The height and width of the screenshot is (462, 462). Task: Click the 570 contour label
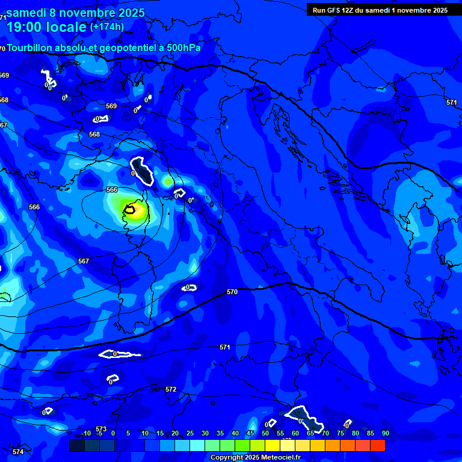pos(232,292)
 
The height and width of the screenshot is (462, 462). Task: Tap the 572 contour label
pos(171,389)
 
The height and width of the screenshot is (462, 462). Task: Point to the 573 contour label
pos(101,429)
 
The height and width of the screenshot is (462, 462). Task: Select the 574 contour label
pos(17,451)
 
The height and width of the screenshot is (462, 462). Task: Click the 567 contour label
pos(84,261)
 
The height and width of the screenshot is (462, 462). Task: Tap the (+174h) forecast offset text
pos(107,26)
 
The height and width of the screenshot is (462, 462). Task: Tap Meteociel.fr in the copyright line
pos(284,458)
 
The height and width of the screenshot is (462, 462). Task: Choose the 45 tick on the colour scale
pos(250,434)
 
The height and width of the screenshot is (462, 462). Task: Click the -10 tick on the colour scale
pos(85,434)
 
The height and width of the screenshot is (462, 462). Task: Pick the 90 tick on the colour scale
pos(386,434)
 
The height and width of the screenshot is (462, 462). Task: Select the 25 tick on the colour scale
pos(190,434)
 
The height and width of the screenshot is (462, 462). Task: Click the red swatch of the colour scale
pos(378,445)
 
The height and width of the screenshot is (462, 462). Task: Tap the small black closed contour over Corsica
pos(129,209)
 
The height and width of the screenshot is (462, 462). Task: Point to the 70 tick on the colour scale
pos(325,434)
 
